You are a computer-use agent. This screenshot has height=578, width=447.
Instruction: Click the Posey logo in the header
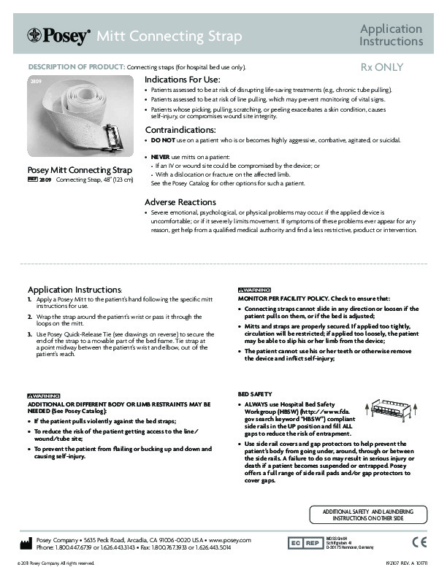coord(58,35)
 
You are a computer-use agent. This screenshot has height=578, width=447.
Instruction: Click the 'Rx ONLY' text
coord(382,67)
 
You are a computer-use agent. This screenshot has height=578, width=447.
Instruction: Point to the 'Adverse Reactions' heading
coord(180,201)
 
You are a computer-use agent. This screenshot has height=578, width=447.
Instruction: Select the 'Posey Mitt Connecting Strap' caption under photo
coord(80,171)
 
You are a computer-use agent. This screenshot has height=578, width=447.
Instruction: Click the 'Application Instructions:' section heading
coord(74,289)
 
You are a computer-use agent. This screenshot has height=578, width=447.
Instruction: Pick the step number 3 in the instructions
coord(30,332)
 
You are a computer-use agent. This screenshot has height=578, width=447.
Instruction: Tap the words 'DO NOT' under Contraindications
coord(161,139)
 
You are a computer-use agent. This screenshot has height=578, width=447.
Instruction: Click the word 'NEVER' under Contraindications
coord(161,157)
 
